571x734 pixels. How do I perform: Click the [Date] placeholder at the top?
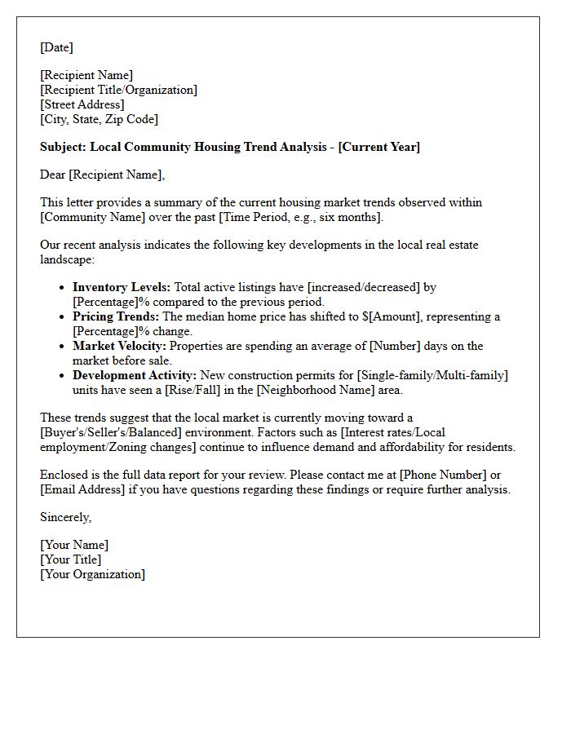point(56,47)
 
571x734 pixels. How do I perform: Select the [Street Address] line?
point(82,104)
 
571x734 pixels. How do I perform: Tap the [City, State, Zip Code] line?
point(99,119)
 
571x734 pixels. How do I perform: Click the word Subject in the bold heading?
point(62,147)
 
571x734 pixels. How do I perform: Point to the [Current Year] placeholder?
point(379,147)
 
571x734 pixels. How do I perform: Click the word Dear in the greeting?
point(53,174)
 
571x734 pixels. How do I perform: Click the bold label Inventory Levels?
point(122,287)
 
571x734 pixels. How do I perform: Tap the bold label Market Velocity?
point(119,346)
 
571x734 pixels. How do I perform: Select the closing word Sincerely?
point(65,517)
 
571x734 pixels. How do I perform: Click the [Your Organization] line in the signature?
point(92,574)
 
